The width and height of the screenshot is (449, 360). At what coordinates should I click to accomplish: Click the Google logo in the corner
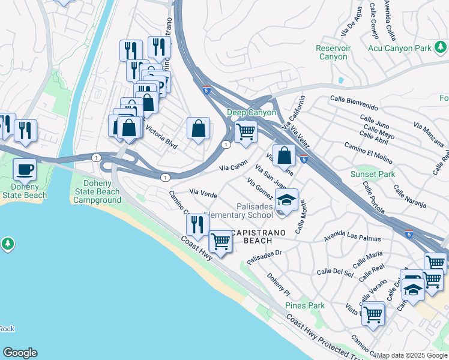(x=20, y=353)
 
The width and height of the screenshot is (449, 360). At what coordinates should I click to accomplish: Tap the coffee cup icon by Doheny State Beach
(x=25, y=170)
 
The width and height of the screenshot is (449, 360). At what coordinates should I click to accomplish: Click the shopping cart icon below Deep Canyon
(x=245, y=131)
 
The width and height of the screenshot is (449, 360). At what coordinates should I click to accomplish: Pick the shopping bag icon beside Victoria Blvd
(x=197, y=128)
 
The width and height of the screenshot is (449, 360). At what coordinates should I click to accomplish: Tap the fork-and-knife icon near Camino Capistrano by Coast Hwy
(x=197, y=225)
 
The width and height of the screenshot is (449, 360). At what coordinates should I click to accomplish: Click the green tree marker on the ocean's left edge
(x=7, y=244)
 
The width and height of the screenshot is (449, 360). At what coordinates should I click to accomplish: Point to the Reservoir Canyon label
(x=333, y=52)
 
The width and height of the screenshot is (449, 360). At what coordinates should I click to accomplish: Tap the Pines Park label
(x=305, y=305)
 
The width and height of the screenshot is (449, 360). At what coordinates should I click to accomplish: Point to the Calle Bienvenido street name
(x=354, y=103)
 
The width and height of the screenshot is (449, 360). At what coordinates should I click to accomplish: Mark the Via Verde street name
(x=203, y=193)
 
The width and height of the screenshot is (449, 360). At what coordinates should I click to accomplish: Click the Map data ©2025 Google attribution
(x=412, y=355)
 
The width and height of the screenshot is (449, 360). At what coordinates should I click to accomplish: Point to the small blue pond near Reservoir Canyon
(x=341, y=80)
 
